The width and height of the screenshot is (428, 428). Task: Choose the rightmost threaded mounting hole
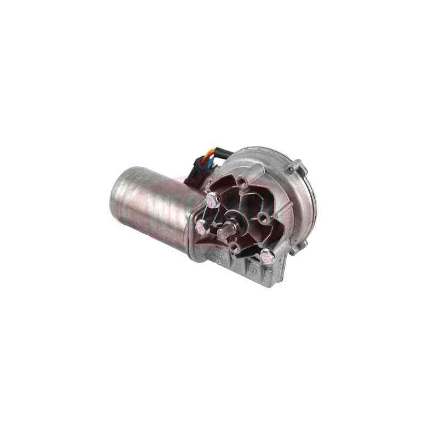(263, 217)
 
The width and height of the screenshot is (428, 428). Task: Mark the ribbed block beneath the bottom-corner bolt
(254, 267)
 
